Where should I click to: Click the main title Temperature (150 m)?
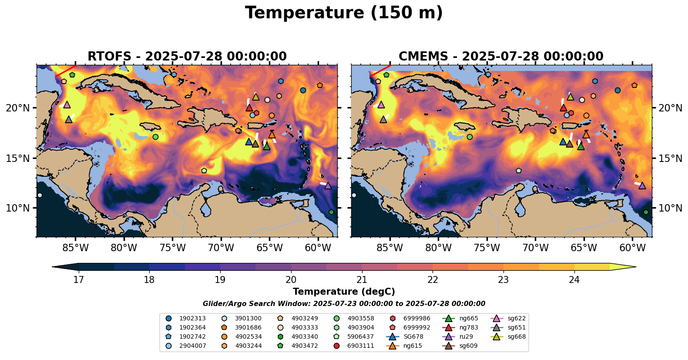[344, 13]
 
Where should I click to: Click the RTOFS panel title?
[187, 57]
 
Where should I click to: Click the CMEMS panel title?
[501, 57]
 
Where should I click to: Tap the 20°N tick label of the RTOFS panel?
[18, 108]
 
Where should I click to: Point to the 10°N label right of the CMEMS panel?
[671, 208]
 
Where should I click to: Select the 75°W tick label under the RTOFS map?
[173, 248]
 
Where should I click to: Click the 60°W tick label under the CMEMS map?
[632, 248]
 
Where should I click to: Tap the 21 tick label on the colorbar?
[362, 279]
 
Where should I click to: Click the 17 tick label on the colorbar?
[78, 279]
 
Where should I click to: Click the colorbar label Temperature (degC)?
[344, 292]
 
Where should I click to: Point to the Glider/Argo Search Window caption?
[344, 304]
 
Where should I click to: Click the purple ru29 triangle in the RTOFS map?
[328, 186]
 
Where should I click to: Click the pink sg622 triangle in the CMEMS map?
[381, 105]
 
